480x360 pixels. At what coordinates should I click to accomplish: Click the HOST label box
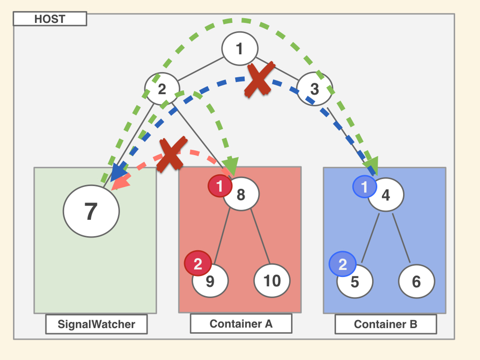click(50, 19)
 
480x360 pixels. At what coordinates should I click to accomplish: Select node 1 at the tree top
click(240, 49)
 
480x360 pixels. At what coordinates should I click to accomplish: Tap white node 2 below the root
click(162, 89)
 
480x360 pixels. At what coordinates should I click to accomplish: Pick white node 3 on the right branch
click(315, 89)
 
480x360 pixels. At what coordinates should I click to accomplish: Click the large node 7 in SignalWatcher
click(91, 211)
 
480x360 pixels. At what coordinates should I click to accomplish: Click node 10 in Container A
click(272, 281)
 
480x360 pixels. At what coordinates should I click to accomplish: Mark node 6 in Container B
click(416, 282)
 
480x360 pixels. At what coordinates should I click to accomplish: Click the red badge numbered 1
click(219, 186)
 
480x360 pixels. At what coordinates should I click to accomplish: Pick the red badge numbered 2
click(198, 264)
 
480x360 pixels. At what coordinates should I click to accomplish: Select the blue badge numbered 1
click(364, 187)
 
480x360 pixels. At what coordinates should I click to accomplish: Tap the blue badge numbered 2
click(342, 264)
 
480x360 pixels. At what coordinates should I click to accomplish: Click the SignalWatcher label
click(96, 324)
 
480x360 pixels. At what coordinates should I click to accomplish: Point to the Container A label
click(241, 323)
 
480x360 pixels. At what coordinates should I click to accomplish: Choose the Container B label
click(386, 324)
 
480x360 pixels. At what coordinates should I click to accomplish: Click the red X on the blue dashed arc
click(260, 79)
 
